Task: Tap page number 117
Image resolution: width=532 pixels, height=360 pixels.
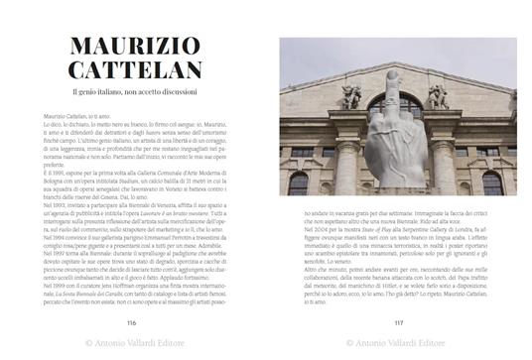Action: (398, 321)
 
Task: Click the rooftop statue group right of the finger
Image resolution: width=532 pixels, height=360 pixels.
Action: (438, 95)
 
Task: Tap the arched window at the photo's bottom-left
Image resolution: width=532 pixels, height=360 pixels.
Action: (299, 182)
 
